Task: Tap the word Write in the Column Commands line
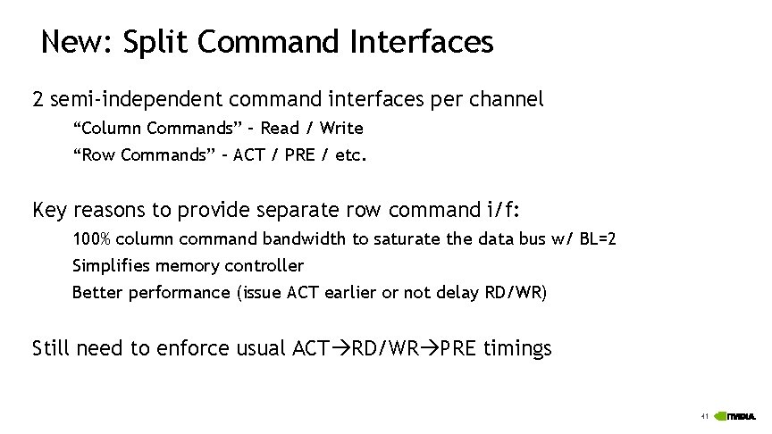[x=341, y=128]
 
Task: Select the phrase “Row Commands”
[x=144, y=155]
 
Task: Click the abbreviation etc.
[x=351, y=155]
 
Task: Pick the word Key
[x=49, y=210]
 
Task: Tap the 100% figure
[x=91, y=239]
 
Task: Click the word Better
[x=96, y=292]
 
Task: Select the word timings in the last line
[x=517, y=347]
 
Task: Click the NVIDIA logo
[x=739, y=416]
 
